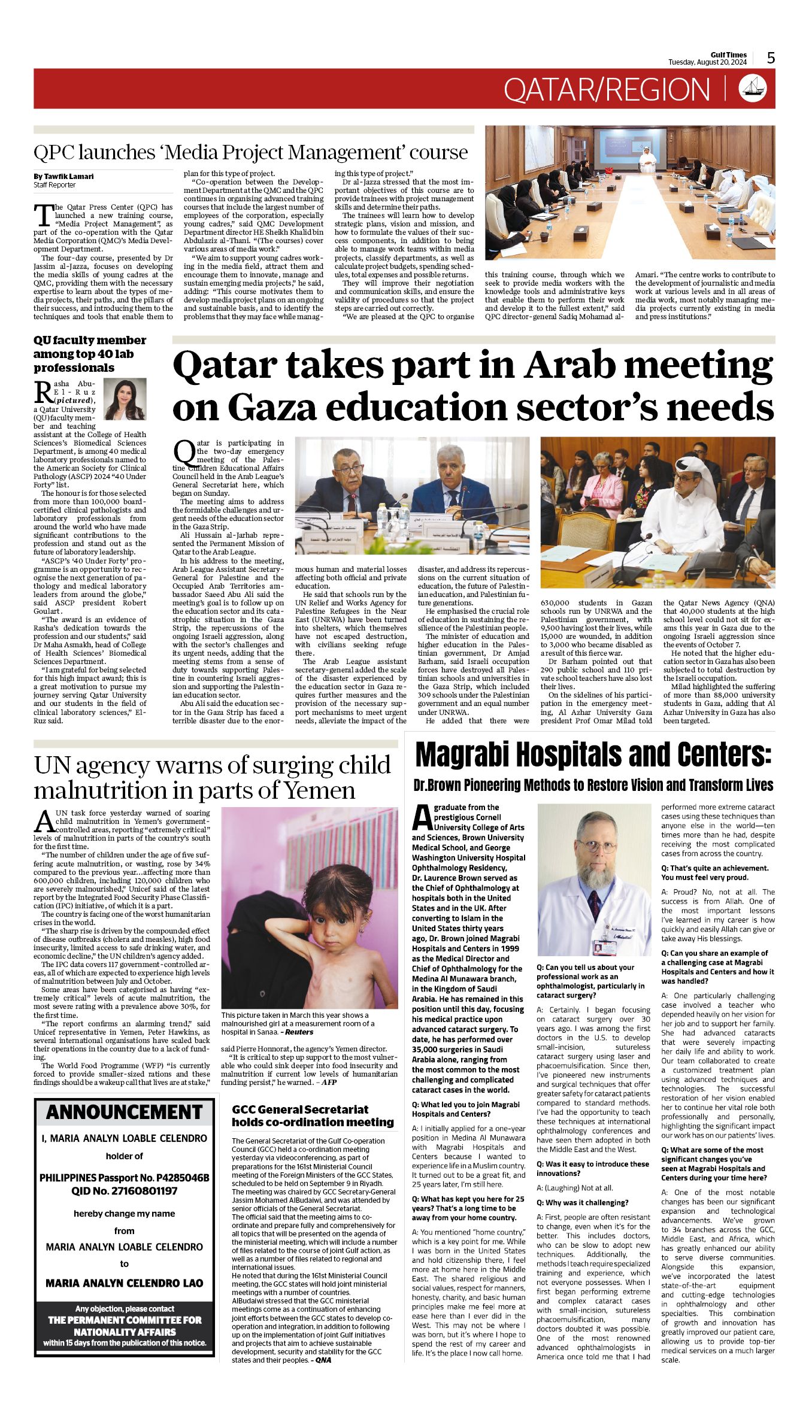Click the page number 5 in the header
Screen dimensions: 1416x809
pyautogui.click(x=771, y=58)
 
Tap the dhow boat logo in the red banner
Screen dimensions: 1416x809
pyautogui.click(x=753, y=88)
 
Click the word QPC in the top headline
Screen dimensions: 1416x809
pyautogui.click(x=51, y=153)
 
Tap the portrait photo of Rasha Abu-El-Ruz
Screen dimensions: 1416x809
pyautogui.click(x=125, y=399)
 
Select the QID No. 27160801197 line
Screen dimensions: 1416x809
pyautogui.click(x=124, y=1191)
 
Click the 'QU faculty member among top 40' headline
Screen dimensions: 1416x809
pyautogui.click(x=90, y=354)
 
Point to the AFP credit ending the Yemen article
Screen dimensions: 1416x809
pyautogui.click(x=329, y=1082)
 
